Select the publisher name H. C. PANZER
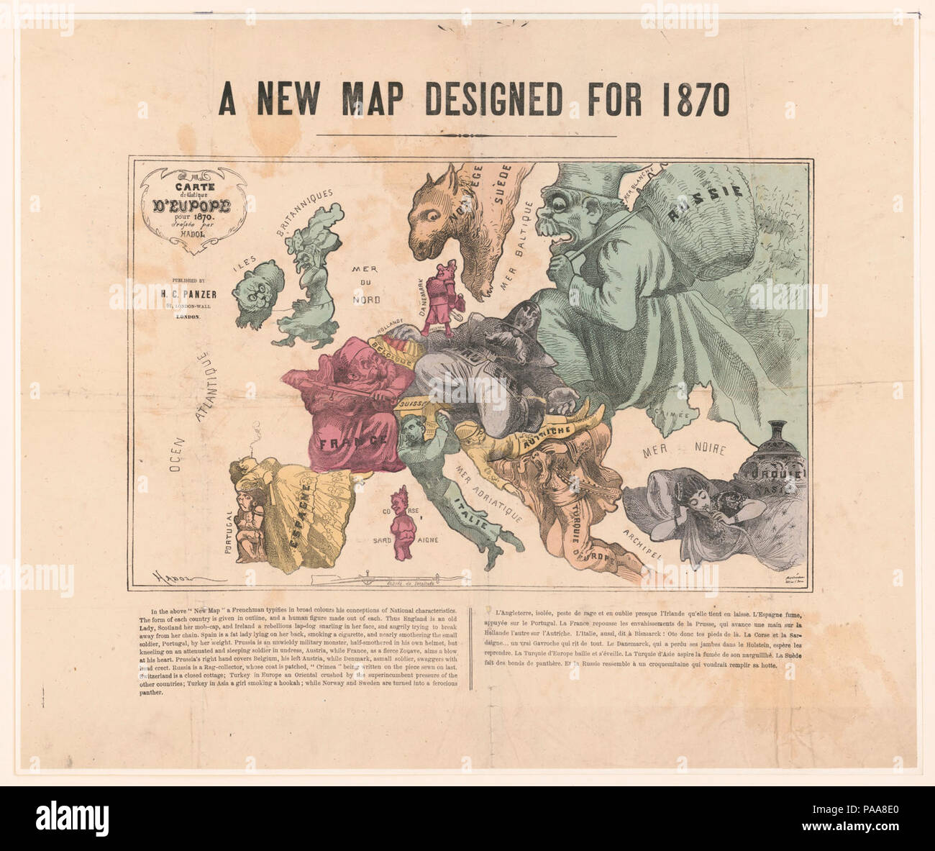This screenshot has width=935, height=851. click(x=183, y=293)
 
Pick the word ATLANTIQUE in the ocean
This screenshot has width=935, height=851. click(x=204, y=388)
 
